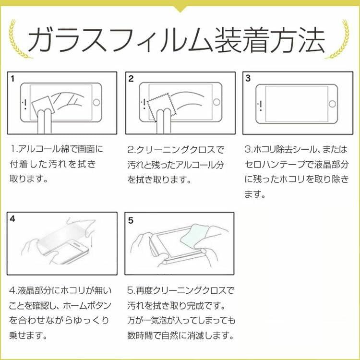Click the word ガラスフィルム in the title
click(120, 40)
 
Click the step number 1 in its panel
click(12, 79)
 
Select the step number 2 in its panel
click(131, 79)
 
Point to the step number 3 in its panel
click(248, 78)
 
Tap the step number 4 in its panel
click(12, 219)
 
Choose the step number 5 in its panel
click(131, 220)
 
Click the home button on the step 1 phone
click(96, 102)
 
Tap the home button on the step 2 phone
click(216, 102)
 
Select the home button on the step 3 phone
click(332, 104)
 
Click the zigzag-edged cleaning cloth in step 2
click(161, 107)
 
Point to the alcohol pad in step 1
click(43, 105)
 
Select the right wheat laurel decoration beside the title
click(338, 39)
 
